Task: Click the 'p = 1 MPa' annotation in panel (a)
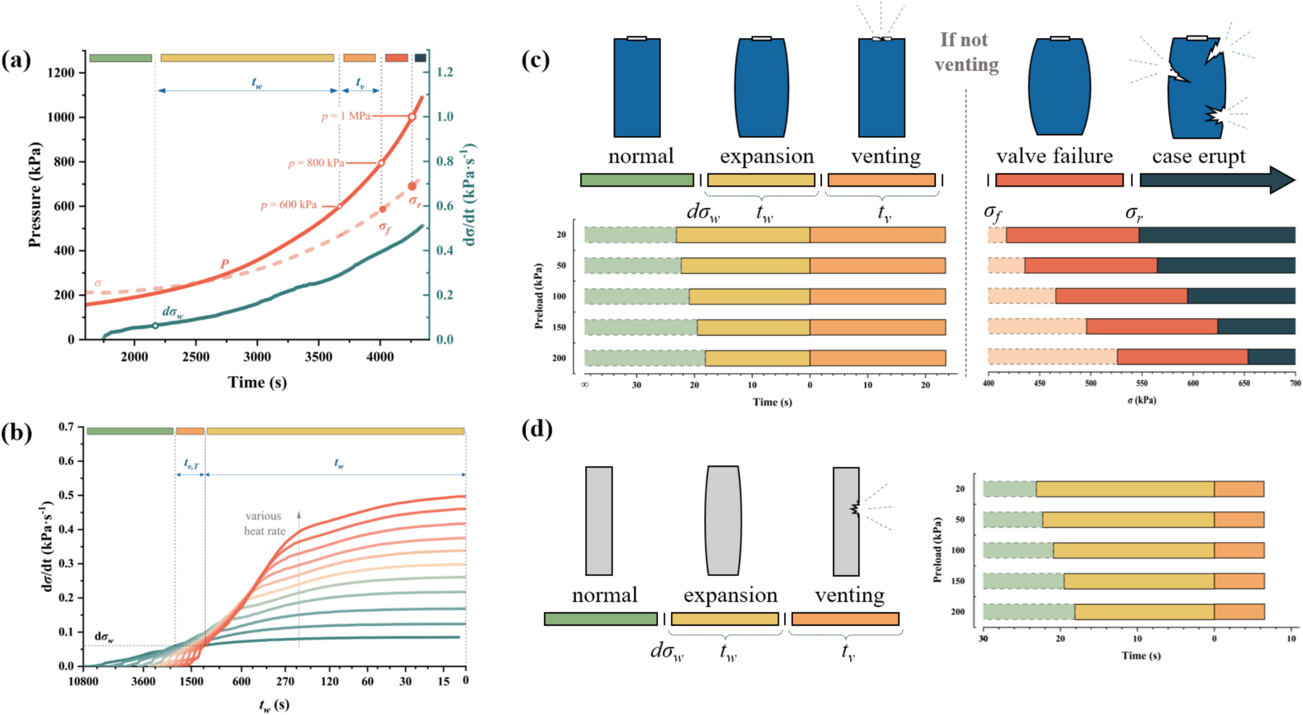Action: pos(346,116)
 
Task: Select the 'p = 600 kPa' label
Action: pos(289,205)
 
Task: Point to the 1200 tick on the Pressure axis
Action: pos(60,73)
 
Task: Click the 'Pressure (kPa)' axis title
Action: pos(34,195)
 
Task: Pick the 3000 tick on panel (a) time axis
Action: pos(257,357)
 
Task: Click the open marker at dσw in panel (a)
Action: pos(155,326)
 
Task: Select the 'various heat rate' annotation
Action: pos(264,523)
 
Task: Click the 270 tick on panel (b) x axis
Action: pos(285,682)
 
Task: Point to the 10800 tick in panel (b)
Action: pos(84,682)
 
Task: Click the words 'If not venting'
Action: pos(966,52)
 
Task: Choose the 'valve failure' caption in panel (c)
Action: pos(1054,156)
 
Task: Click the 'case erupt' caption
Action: pos(1198,156)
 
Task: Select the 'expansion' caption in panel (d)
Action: pos(730,595)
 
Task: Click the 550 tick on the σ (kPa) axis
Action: pos(1142,383)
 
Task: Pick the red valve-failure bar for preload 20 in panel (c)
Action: pos(1072,235)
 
